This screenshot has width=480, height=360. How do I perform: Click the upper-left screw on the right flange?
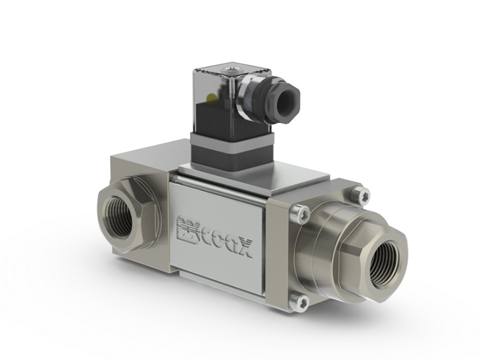click(x=300, y=212)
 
